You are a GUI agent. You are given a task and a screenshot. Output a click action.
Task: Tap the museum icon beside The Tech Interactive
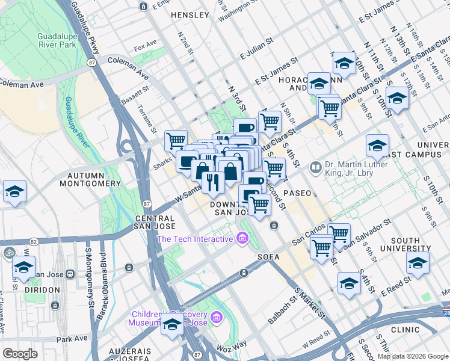(x=242, y=239)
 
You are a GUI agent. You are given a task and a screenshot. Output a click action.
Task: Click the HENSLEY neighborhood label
(x=190, y=14)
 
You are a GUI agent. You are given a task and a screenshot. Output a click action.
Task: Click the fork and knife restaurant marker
(x=213, y=181)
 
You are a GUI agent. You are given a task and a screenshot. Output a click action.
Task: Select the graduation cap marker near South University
(x=418, y=263)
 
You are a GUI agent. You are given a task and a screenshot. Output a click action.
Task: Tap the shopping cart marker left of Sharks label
(x=176, y=141)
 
